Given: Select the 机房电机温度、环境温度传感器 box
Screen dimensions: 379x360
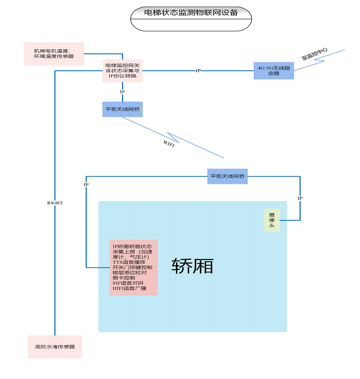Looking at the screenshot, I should coord(54,53).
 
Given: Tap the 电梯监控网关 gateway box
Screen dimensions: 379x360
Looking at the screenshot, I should coord(123,71).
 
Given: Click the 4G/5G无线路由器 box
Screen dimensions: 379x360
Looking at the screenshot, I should coord(274,71).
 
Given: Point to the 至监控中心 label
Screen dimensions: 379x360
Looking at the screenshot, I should coord(314,54).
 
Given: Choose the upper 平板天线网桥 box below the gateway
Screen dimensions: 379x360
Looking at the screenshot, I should coord(123,109).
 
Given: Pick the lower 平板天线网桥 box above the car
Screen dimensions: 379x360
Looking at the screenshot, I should coord(227,176).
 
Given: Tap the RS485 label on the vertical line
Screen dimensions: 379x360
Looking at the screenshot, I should coord(54,203).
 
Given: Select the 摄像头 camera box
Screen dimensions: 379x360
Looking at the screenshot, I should coord(272,220).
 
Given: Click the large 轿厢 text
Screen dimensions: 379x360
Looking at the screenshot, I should coord(192,266).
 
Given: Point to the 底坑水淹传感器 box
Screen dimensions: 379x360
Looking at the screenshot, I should coord(55,347).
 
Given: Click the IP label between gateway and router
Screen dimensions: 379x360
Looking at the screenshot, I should coord(198,71).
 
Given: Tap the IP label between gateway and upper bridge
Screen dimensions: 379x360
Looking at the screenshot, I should coord(123,92).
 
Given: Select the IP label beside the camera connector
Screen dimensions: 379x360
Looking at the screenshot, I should coord(300,198).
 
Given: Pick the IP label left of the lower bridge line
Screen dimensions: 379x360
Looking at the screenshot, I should coord(86,185).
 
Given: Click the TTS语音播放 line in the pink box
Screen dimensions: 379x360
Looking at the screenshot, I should coord(129,262).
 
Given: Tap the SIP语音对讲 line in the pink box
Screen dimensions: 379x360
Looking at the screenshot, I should coord(129,283).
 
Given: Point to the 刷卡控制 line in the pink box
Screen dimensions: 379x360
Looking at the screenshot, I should coord(124,278).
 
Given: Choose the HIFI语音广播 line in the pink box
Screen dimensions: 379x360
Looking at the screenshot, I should coord(130,288).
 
